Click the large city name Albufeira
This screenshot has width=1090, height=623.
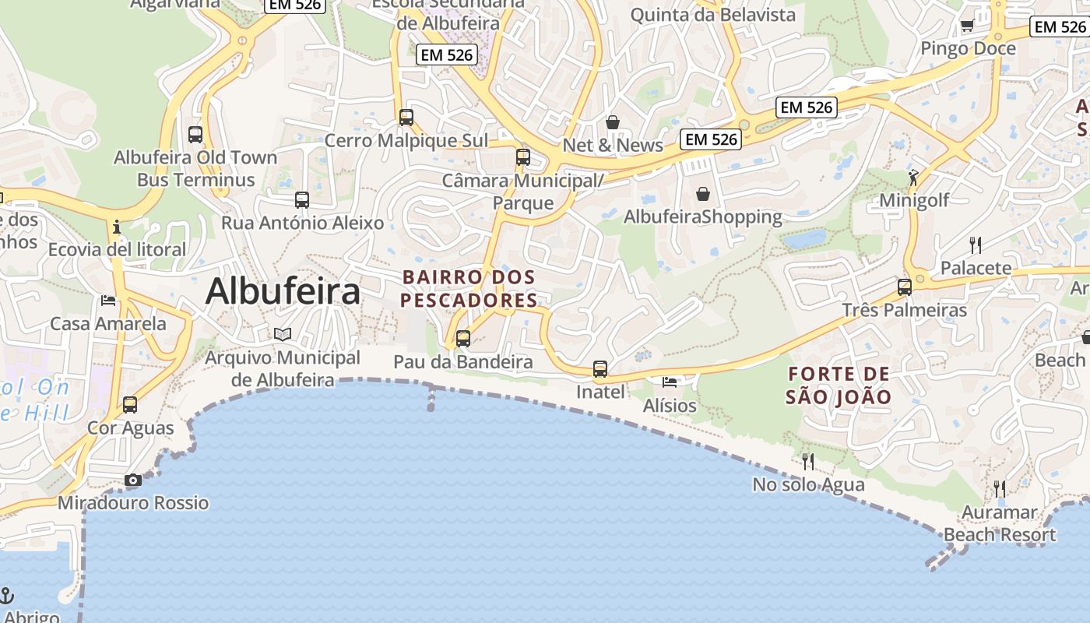point(283,292)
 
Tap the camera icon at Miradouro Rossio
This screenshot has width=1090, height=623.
point(133,480)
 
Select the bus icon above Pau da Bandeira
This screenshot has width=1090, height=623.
point(463,339)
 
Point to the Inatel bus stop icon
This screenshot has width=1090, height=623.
point(599,369)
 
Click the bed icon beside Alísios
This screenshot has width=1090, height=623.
point(670,382)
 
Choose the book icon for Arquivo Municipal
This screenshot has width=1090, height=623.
point(283,334)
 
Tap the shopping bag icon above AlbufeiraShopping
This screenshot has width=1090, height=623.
point(703,193)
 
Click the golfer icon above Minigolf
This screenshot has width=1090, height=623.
point(913,178)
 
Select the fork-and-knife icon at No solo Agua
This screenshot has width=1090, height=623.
point(808,462)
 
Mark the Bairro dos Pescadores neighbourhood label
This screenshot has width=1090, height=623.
point(469,289)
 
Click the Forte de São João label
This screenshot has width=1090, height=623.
point(838,385)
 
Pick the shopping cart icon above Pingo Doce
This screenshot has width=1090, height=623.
point(968,26)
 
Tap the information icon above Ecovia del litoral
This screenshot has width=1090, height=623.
point(117,227)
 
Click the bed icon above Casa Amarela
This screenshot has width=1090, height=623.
point(108,300)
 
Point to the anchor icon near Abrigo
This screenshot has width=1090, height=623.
point(6,596)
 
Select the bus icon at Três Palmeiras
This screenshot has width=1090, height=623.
point(904,287)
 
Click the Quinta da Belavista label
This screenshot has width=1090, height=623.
point(712,15)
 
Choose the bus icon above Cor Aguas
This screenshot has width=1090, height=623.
point(130,405)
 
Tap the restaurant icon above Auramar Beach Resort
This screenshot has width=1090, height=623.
point(1000,489)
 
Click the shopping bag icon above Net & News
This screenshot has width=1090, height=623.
point(613,122)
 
